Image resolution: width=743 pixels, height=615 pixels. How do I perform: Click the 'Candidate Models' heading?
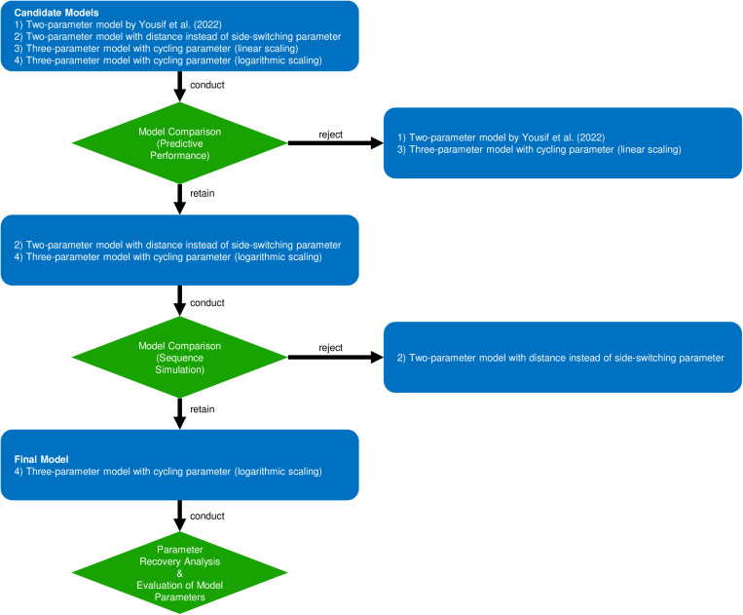[56, 13]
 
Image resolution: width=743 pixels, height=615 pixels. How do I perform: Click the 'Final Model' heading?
[41, 459]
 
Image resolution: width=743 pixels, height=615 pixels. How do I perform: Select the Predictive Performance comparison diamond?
[179, 143]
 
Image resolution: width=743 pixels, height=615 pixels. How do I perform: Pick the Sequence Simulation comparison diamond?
[179, 358]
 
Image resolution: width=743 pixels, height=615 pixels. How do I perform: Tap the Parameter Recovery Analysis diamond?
[179, 573]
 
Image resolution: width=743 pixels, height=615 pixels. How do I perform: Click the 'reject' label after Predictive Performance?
[330, 135]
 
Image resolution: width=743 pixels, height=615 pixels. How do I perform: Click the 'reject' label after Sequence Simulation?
[330, 348]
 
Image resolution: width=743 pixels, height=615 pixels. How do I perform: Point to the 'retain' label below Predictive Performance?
[203, 193]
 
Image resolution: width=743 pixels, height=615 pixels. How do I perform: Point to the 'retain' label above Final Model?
[203, 409]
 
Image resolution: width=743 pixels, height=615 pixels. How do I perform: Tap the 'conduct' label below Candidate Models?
[207, 85]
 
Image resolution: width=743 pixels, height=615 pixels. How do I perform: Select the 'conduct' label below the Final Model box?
[207, 516]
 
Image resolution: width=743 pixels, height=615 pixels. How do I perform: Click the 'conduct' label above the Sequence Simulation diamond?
[207, 303]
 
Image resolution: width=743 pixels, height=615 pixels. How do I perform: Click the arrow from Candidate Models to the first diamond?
[179, 87]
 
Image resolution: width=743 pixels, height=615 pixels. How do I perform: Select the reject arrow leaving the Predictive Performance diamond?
[336, 143]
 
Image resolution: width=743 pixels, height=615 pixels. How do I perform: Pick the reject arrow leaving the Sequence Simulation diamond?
[336, 358]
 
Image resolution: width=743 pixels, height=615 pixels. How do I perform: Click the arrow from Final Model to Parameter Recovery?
[179, 516]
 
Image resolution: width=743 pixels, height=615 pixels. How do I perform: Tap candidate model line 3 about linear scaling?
[157, 49]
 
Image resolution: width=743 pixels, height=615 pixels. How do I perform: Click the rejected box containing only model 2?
[563, 358]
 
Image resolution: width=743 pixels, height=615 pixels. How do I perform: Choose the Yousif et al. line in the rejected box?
[501, 137]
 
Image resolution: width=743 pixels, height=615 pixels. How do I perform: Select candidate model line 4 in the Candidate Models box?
[168, 60]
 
